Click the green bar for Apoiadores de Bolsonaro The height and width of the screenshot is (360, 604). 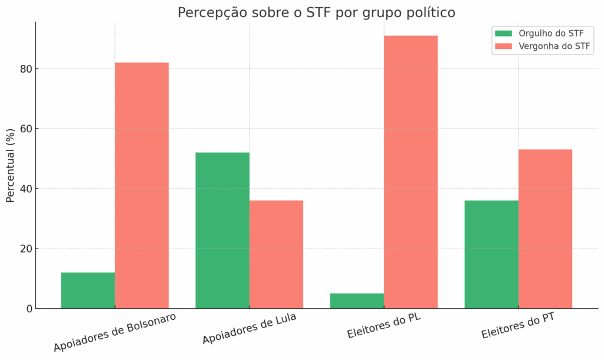click(x=88, y=290)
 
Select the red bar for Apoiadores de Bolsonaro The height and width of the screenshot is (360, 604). click(x=142, y=185)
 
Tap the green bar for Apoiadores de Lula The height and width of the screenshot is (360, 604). click(x=222, y=230)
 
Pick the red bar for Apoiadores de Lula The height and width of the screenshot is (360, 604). click(x=276, y=254)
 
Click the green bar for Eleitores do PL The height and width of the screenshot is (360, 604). click(x=357, y=301)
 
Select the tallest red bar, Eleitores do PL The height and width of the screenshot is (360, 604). click(x=411, y=172)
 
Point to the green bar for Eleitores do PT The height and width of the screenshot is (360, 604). click(x=491, y=254)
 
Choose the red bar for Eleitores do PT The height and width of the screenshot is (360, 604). click(x=545, y=229)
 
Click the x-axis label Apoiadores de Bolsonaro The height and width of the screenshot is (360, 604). click(x=115, y=332)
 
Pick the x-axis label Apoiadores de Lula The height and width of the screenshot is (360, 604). click(x=250, y=329)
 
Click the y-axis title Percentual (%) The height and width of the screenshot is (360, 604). click(x=11, y=165)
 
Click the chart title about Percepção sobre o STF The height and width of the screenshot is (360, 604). click(x=317, y=12)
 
